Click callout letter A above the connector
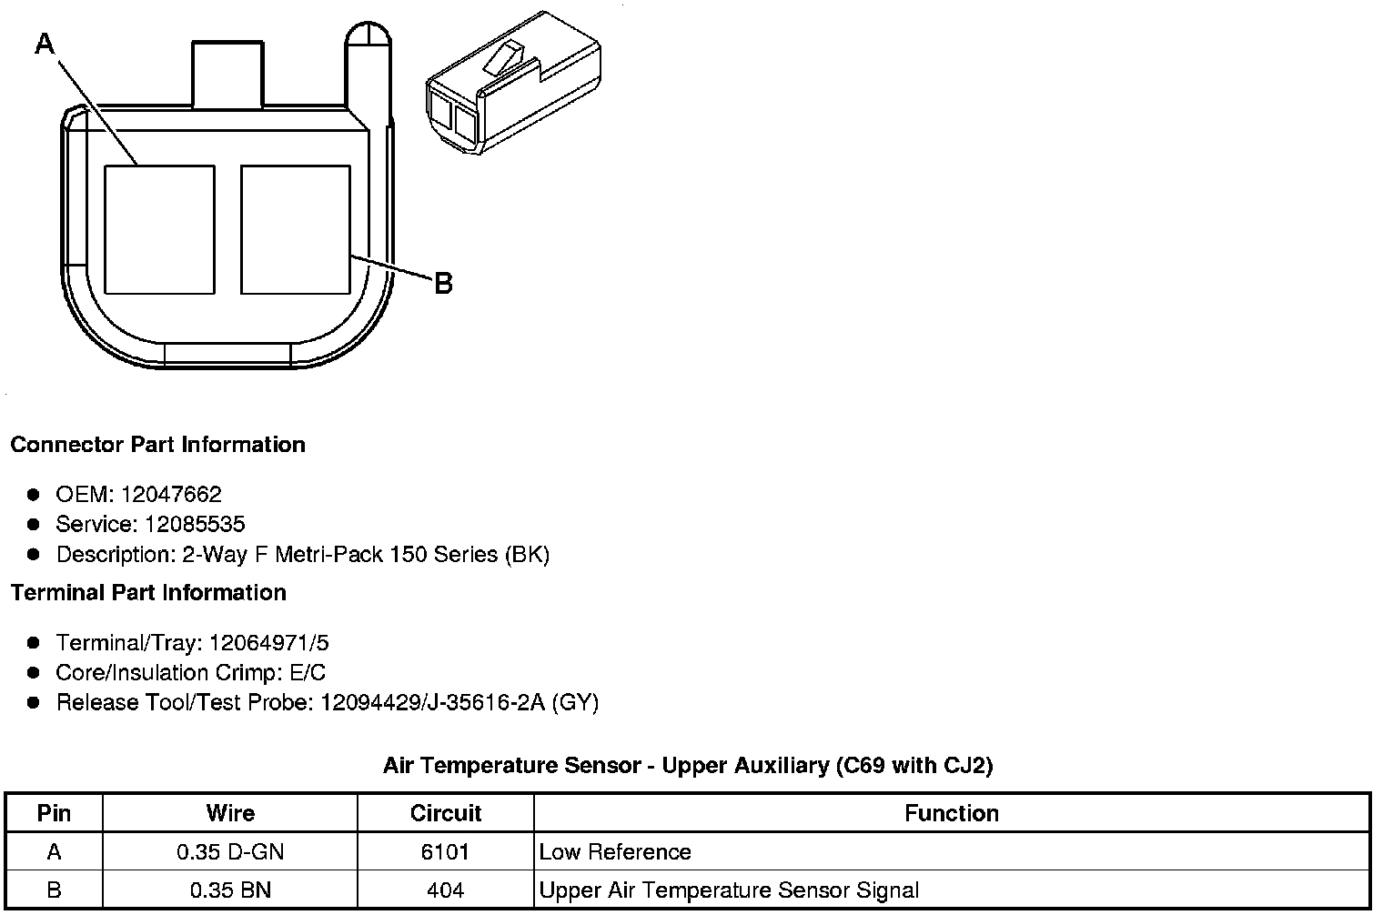tap(45, 44)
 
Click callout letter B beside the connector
tap(443, 283)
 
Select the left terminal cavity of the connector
tap(160, 229)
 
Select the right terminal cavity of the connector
tap(296, 229)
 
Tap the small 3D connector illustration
tap(513, 83)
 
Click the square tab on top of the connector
tap(227, 75)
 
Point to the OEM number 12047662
tap(171, 494)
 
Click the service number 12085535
tap(195, 524)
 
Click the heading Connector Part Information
tap(158, 444)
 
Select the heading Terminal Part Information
tap(149, 592)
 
